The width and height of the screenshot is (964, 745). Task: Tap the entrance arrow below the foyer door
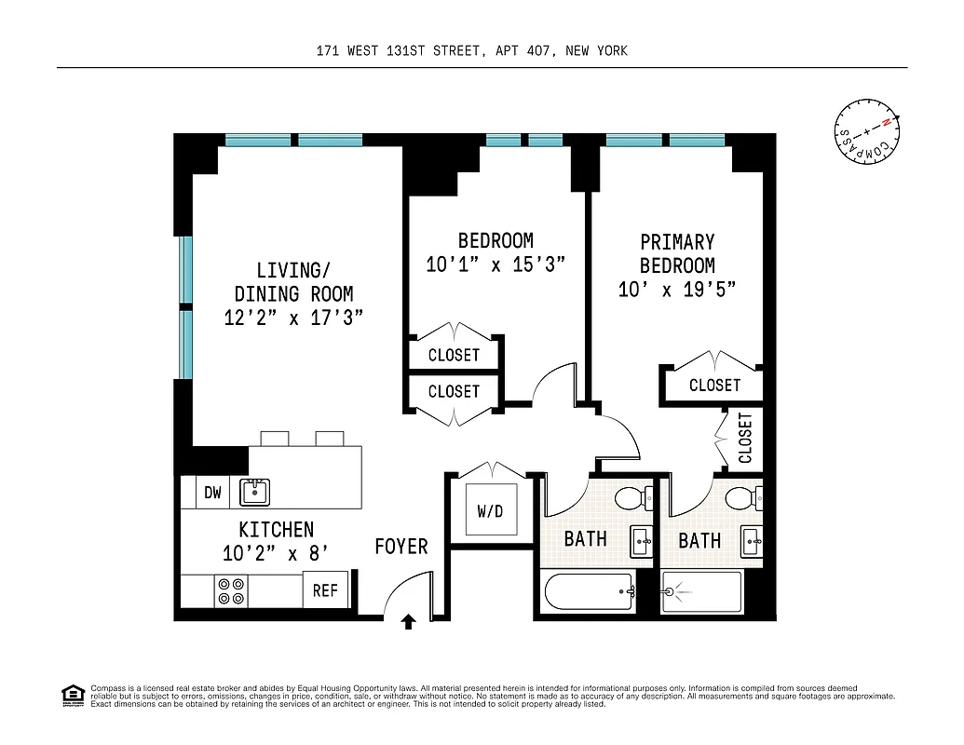click(407, 621)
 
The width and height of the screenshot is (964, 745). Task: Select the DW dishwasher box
click(213, 493)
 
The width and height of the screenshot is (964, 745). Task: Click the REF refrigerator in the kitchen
click(325, 590)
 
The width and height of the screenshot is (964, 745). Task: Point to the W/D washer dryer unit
click(490, 512)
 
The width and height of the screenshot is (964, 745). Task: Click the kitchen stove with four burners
click(230, 591)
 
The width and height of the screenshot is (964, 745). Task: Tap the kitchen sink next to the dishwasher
click(253, 491)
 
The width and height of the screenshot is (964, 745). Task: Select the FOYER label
click(401, 546)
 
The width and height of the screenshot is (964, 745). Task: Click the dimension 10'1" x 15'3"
click(496, 264)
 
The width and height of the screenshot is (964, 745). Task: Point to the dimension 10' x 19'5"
click(677, 290)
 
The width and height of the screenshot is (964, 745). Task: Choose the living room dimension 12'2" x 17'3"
click(293, 318)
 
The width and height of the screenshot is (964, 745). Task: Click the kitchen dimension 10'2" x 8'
click(276, 554)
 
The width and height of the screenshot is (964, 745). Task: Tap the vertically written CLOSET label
click(745, 438)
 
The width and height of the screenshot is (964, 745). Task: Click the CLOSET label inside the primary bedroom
click(714, 385)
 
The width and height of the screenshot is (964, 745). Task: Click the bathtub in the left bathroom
click(588, 593)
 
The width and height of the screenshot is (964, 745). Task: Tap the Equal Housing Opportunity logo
click(71, 694)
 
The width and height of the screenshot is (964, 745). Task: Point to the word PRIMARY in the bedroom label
click(677, 242)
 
